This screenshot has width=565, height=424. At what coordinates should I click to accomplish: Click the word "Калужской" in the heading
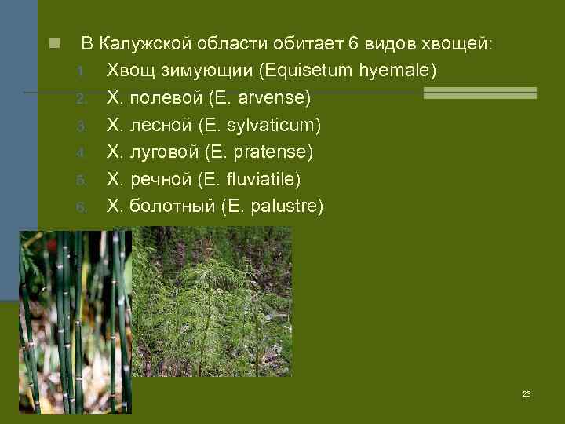tap(140, 43)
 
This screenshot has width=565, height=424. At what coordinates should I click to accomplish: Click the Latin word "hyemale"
tap(396, 71)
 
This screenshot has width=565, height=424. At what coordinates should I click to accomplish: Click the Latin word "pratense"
tap(275, 152)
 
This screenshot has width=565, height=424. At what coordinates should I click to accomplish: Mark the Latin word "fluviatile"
tap(264, 179)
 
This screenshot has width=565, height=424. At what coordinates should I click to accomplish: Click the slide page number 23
tap(527, 393)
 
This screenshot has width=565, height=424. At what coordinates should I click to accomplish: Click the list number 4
tap(80, 153)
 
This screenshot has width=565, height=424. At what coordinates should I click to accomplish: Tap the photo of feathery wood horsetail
tap(212, 302)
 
